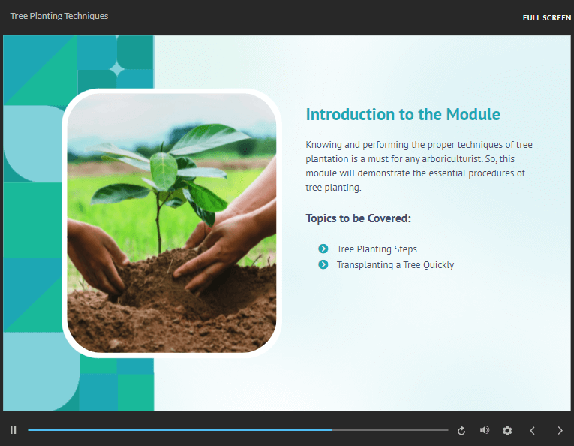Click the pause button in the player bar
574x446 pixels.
(x=14, y=430)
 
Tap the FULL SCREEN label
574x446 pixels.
(x=546, y=17)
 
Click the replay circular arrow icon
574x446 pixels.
(x=461, y=431)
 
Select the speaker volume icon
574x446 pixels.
(x=485, y=430)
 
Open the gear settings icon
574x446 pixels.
(x=507, y=431)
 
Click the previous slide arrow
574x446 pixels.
(x=533, y=431)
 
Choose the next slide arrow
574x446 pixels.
(x=560, y=431)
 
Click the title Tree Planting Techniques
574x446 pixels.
(x=59, y=16)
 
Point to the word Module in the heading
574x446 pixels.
(x=473, y=114)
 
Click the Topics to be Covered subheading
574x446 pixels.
(x=359, y=218)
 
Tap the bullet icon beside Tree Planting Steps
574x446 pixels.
(x=323, y=249)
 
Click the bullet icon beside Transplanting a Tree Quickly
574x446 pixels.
(x=323, y=264)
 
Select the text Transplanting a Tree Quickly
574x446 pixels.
(x=395, y=265)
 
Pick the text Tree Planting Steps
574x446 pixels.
(x=377, y=249)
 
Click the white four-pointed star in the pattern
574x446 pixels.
(x=117, y=68)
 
